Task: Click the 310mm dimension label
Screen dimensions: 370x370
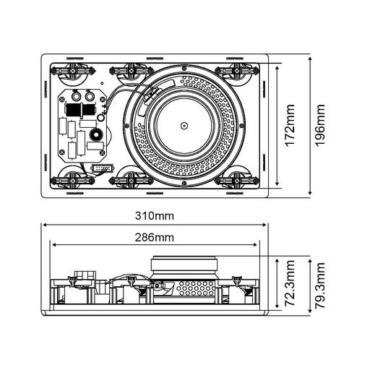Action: click(x=155, y=216)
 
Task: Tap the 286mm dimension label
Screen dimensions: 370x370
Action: click(x=155, y=238)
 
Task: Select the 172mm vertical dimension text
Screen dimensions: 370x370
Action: click(x=290, y=126)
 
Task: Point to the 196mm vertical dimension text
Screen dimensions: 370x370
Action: click(x=320, y=126)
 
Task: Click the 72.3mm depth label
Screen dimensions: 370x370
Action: click(x=290, y=283)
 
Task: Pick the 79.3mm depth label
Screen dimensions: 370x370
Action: click(x=320, y=285)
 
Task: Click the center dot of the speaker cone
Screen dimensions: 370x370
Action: click(x=184, y=126)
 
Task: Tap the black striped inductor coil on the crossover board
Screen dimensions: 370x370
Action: click(x=79, y=110)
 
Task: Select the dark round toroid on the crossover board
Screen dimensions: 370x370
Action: click(x=95, y=135)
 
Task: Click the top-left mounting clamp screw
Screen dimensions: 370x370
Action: click(x=72, y=71)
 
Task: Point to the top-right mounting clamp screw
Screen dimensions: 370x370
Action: click(x=237, y=71)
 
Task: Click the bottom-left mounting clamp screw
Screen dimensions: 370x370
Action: click(x=72, y=181)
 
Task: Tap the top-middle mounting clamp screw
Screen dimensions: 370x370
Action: click(x=132, y=71)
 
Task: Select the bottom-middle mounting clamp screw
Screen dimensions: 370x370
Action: click(x=132, y=181)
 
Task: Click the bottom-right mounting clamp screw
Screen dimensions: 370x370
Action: click(x=237, y=181)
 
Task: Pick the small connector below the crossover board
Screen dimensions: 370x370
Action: click(x=102, y=168)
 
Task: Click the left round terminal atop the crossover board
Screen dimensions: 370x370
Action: click(x=77, y=97)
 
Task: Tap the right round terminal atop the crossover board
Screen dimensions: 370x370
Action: click(x=90, y=97)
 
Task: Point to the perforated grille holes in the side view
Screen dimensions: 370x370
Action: click(x=196, y=288)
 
